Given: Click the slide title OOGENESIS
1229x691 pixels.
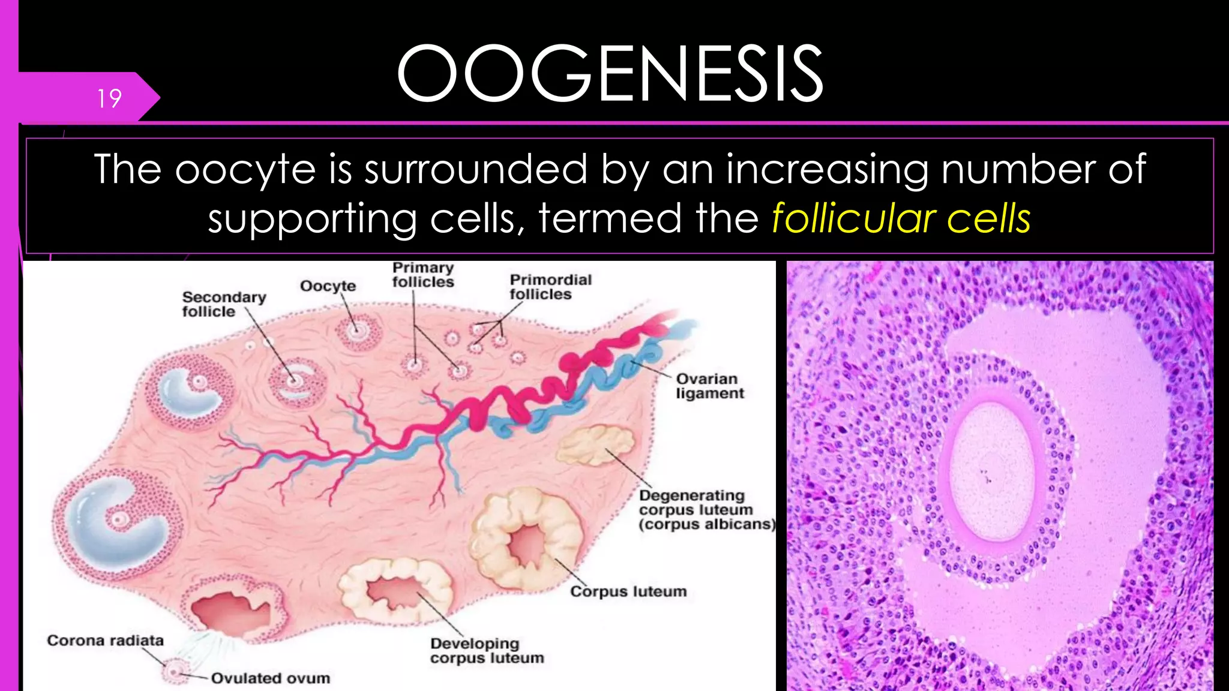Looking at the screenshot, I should pos(610,74).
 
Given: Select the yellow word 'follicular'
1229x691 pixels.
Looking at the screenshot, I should pos(852,218).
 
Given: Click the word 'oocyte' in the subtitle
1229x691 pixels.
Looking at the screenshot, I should pos(245,170).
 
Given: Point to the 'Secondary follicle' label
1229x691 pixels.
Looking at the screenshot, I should pos(223,304).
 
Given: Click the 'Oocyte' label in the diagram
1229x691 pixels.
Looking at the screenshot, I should pos(328,286).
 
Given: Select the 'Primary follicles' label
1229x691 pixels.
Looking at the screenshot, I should pos(423,275).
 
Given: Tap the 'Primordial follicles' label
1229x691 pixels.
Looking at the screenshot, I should pos(550,287).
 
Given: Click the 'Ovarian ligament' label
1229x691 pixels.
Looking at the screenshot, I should pos(709,386).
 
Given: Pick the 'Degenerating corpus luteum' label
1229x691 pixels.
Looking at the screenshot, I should pos(706,510).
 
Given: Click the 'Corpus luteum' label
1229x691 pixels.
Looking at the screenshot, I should pos(628,591).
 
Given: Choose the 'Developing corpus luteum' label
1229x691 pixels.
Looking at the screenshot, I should pos(487,651).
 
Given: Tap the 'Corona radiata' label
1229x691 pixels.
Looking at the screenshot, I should pos(105,641).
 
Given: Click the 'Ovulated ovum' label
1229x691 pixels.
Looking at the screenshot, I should pos(270,678).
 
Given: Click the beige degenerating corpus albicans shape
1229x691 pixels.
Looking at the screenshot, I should pos(595,445).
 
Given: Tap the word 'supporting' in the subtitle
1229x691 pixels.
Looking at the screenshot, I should pos(312,218).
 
